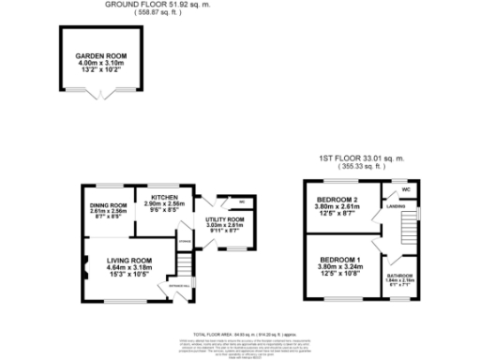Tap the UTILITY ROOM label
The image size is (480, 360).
(x=225, y=218)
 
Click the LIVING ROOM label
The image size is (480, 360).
(x=129, y=260)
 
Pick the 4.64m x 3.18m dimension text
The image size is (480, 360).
(x=129, y=268)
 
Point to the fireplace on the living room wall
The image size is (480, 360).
(x=86, y=267)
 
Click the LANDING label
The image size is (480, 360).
(x=395, y=208)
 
